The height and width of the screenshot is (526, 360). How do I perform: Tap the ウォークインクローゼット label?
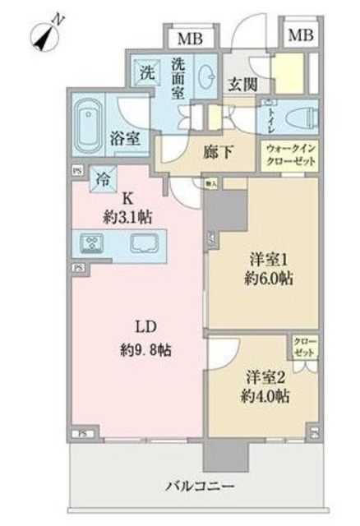(x=288, y=155)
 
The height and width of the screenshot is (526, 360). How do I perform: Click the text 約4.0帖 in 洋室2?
(x=265, y=396)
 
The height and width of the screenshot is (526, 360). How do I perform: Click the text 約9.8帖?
(x=139, y=348)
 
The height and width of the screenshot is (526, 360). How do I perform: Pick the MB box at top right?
(x=300, y=35)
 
